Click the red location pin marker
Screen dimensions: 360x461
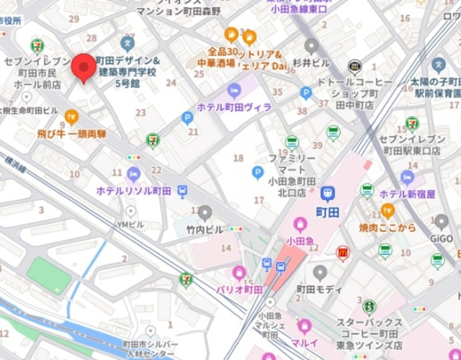point(84,68)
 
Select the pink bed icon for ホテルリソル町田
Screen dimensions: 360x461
point(133,174)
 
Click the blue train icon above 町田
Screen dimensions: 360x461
point(328,193)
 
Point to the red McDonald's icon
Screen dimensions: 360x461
point(343,252)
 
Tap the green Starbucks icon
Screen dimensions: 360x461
point(369,307)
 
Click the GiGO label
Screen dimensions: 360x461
point(441,237)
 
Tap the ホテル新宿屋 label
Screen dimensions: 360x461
point(408,194)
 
